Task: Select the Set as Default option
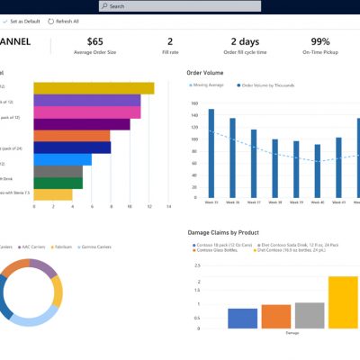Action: pos(24,20)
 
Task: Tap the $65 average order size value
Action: pos(94,41)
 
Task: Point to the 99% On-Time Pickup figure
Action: pos(319,41)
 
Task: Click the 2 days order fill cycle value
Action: pos(245,41)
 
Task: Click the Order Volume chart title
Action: pos(206,72)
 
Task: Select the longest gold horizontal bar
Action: pos(94,88)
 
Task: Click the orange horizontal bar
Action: pos(72,136)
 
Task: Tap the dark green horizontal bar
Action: pos(58,183)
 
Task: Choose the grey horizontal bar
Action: pos(58,171)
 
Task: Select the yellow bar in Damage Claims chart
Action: pos(343,302)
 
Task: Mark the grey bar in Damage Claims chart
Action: pos(309,315)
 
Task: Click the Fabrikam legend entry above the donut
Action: pos(61,245)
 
